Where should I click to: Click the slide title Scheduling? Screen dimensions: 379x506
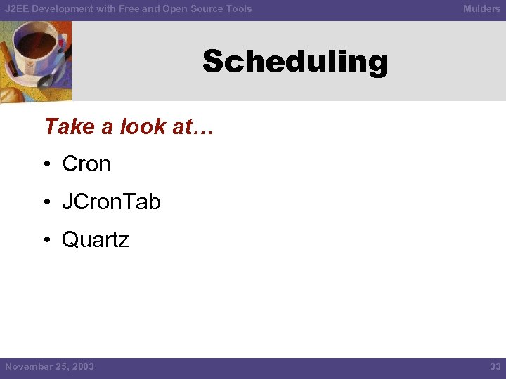pyautogui.click(x=295, y=62)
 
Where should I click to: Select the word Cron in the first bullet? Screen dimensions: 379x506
pyautogui.click(x=86, y=164)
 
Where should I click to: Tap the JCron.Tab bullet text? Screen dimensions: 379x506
pyautogui.click(x=111, y=202)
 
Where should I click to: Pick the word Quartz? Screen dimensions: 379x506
pyautogui.click(x=95, y=240)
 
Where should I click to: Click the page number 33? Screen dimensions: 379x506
pyautogui.click(x=494, y=366)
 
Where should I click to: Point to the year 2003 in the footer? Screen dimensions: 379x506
pyautogui.click(x=82, y=366)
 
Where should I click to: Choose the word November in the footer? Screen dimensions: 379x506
pyautogui.click(x=27, y=366)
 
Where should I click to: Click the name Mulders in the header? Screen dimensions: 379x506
pyautogui.click(x=481, y=8)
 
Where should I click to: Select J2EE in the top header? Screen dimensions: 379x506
pyautogui.click(x=16, y=8)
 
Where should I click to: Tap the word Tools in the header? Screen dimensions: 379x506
pyautogui.click(x=238, y=8)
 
